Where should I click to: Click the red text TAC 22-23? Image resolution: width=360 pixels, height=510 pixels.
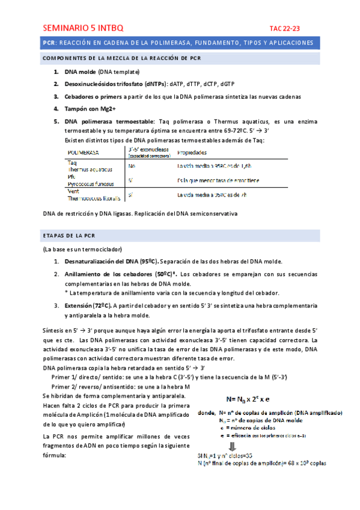[x=284, y=28]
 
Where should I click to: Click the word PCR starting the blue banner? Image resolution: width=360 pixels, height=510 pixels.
[x=49, y=43]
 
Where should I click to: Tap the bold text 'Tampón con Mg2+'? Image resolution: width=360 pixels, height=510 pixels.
[x=90, y=109]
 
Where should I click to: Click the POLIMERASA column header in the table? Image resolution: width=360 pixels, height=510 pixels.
[x=84, y=153]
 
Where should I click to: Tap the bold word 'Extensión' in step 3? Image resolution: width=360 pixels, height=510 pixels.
[x=84, y=306]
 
